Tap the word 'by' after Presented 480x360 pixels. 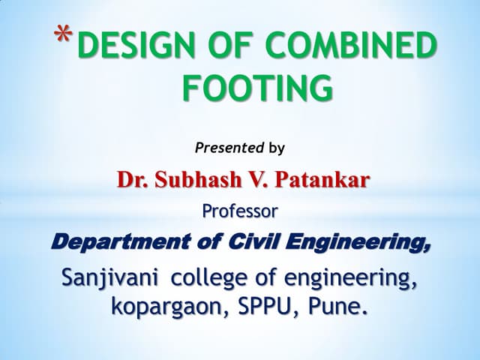(x=277, y=148)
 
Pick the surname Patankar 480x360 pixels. (x=320, y=180)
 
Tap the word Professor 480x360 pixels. (x=240, y=211)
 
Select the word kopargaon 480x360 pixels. (x=166, y=306)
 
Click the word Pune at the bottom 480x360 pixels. (x=341, y=306)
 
